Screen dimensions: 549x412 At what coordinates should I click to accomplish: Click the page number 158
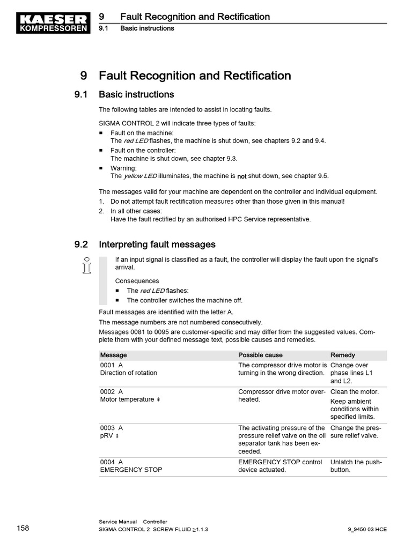23,529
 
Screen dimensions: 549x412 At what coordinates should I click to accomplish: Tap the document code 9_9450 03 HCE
367,529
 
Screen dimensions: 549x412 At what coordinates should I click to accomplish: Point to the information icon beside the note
86,265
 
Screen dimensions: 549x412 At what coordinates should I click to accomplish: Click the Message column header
113,355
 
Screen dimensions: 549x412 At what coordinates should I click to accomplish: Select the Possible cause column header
260,355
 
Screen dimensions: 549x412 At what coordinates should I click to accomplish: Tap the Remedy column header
342,355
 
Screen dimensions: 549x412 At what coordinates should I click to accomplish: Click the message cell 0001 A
112,365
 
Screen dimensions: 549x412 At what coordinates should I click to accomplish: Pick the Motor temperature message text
127,399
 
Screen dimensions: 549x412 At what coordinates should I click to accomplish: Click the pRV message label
107,436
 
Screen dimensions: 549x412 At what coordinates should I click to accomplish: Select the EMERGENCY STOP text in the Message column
131,470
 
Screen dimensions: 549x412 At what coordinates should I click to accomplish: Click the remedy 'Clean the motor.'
354,392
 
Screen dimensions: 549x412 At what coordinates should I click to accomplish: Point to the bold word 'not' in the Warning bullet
242,176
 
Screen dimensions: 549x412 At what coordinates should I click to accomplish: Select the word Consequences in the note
137,281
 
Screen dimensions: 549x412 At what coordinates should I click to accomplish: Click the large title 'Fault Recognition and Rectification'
195,76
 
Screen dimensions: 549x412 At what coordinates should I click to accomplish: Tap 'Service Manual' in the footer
117,522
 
